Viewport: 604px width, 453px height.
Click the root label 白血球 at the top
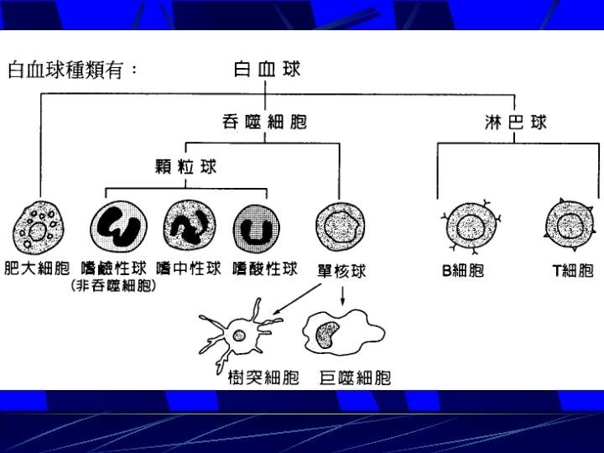coord(266,70)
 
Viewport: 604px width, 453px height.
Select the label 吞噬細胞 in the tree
coord(264,123)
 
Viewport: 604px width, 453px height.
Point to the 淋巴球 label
coord(516,122)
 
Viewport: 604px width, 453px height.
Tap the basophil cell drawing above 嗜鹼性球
coord(118,227)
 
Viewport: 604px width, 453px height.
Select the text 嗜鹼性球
coord(114,269)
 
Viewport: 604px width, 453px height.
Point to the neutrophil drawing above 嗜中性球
coord(190,226)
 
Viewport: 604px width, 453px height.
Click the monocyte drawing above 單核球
coord(340,226)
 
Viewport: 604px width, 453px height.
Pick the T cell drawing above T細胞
coord(570,226)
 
